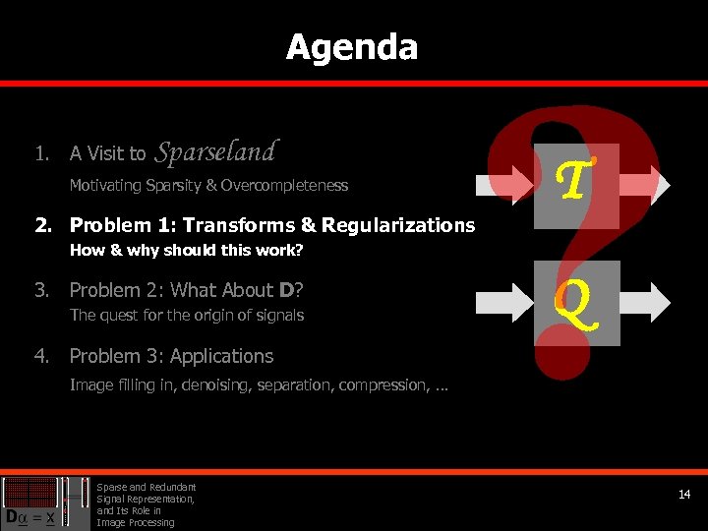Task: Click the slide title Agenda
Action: click(x=352, y=47)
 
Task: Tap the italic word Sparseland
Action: click(x=216, y=151)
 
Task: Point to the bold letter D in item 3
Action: click(x=285, y=290)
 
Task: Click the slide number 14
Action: click(x=684, y=494)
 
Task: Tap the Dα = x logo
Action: click(x=32, y=502)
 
